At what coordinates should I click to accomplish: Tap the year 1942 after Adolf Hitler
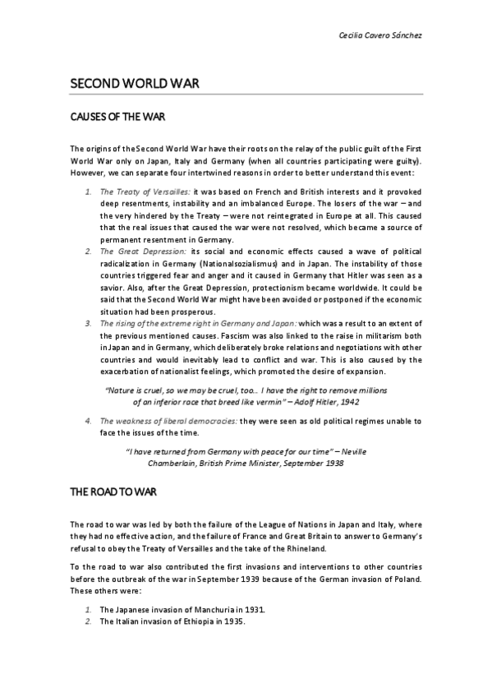coord(347,403)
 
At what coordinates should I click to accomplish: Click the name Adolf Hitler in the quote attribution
coord(303,403)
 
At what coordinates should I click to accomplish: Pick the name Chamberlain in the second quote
coord(176,464)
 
